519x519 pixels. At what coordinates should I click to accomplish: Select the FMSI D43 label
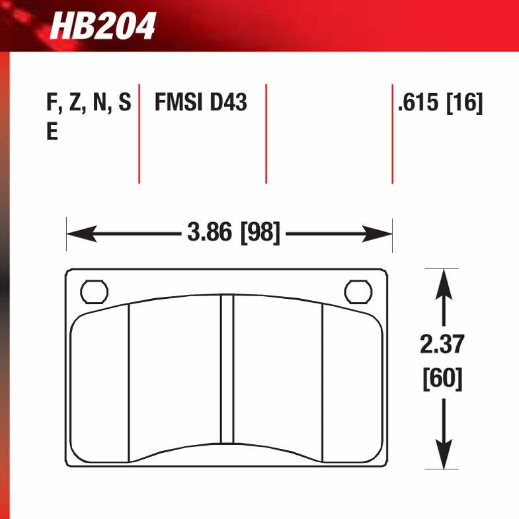pos(200,104)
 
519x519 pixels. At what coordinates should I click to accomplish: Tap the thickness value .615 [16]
pos(440,104)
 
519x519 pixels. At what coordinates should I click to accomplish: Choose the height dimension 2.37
pos(442,345)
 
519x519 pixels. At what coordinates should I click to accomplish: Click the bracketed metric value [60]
pos(442,379)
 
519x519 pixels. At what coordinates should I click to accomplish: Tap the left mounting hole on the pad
pos(93,291)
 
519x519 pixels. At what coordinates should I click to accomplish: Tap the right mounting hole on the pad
pos(358,291)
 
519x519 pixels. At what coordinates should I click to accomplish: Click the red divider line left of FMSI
pos(139,134)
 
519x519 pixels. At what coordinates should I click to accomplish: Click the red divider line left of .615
pos(392,134)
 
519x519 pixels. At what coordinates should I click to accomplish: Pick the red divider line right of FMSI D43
pos(266,134)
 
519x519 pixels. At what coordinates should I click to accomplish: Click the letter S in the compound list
pos(124,104)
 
